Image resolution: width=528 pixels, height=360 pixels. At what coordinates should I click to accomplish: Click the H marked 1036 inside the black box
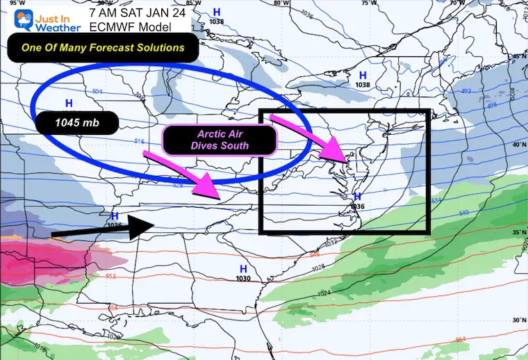(x=357, y=200)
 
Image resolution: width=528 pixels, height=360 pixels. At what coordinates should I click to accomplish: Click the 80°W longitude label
(x=280, y=3)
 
